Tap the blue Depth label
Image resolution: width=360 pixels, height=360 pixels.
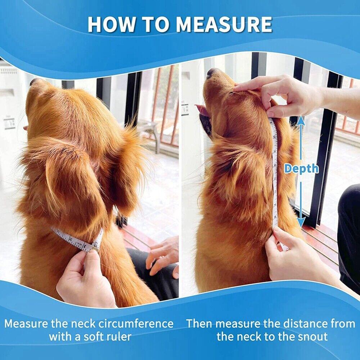(x=301, y=168)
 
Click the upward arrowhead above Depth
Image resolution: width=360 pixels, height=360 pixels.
(x=301, y=120)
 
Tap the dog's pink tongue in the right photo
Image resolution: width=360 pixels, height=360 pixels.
(x=202, y=110)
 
